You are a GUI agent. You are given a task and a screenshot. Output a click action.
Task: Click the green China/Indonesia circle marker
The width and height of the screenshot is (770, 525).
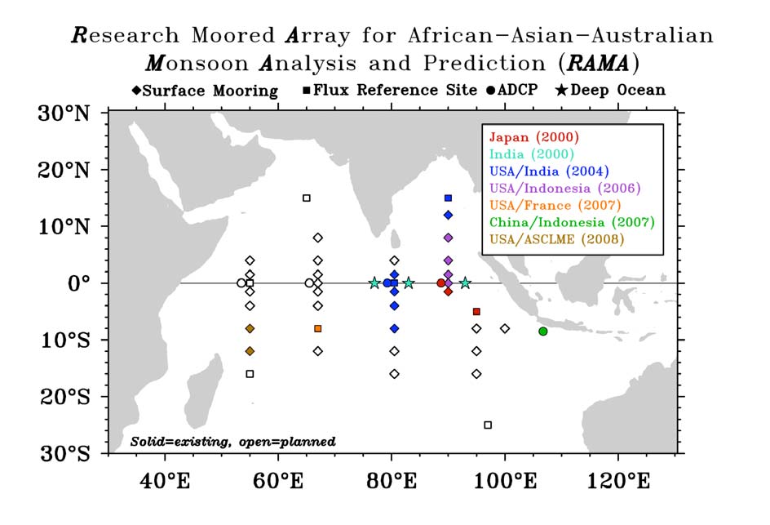(543, 331)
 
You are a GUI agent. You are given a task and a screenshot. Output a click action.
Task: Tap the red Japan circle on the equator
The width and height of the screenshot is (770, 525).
(441, 283)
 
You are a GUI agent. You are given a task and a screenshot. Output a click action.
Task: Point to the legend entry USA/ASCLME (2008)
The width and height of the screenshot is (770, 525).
(557, 239)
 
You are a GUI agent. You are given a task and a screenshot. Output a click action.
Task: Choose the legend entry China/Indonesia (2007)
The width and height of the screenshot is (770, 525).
(572, 222)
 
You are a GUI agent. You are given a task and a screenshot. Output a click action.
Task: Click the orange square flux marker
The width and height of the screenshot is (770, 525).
(318, 328)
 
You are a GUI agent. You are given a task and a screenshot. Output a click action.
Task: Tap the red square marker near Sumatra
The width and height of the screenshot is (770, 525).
(476, 311)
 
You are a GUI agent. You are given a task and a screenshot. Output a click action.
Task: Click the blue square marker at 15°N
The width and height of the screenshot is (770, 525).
(448, 198)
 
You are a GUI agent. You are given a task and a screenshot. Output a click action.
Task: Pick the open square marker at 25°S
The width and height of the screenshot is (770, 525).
(488, 425)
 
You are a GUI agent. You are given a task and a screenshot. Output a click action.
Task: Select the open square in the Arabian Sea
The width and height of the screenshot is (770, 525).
(307, 198)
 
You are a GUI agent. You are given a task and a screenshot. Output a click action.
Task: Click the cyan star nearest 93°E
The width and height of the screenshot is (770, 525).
(465, 283)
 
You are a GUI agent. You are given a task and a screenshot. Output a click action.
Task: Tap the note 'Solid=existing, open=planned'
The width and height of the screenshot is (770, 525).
(232, 441)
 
